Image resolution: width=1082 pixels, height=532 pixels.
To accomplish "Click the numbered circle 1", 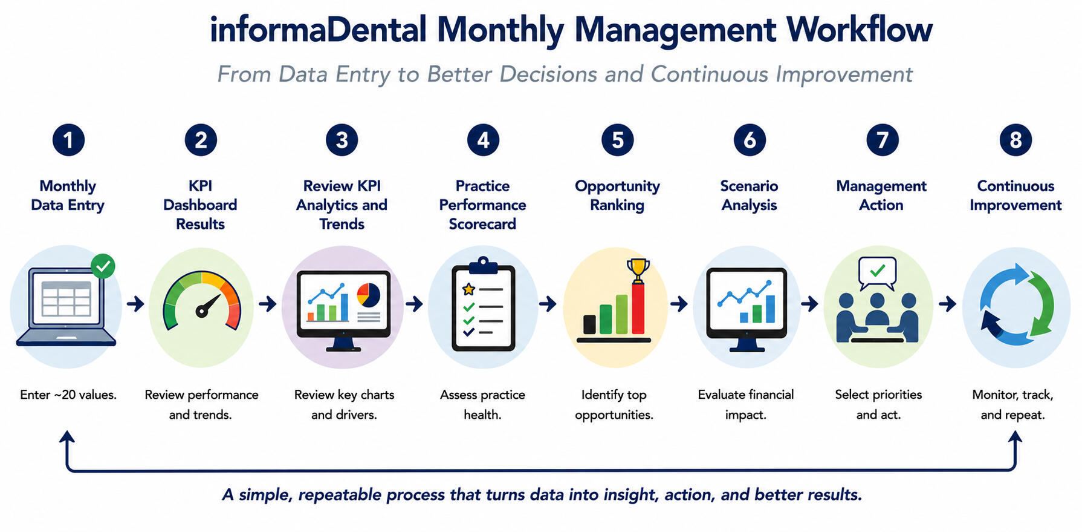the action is (x=68, y=140).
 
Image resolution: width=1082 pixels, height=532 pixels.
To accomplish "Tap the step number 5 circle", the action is (x=617, y=140).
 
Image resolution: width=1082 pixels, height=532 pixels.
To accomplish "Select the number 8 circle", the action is (x=1016, y=140).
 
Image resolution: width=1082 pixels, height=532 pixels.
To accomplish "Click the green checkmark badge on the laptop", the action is (x=103, y=266).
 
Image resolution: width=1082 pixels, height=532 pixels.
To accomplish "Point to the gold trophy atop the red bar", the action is (x=638, y=270).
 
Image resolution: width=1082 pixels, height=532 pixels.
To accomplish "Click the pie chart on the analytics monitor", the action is (x=368, y=295).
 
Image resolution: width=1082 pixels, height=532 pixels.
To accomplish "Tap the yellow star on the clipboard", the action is (x=468, y=289).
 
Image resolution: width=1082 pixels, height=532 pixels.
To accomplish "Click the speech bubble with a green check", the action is (x=877, y=272).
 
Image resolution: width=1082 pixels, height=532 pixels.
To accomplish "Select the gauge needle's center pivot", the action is (x=200, y=312).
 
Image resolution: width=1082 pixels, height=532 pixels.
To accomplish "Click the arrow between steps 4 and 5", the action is (x=548, y=304).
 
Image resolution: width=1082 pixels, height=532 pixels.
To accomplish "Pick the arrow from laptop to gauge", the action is (x=135, y=303).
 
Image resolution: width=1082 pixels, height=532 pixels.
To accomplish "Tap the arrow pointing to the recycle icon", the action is (x=947, y=303).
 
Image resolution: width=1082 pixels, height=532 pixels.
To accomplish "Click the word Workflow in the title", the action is (x=859, y=29).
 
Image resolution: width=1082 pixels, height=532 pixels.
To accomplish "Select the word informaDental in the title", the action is (x=318, y=29).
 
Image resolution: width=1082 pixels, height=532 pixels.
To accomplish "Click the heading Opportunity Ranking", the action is (x=617, y=195).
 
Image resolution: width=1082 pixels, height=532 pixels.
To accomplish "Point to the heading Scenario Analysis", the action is (x=749, y=195).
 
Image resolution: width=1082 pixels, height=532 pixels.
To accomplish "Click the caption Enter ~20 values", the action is (x=68, y=395).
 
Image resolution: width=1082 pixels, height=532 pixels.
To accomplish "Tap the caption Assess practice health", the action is (x=482, y=404).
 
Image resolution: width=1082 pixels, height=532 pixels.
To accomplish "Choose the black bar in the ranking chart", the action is (x=589, y=324).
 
